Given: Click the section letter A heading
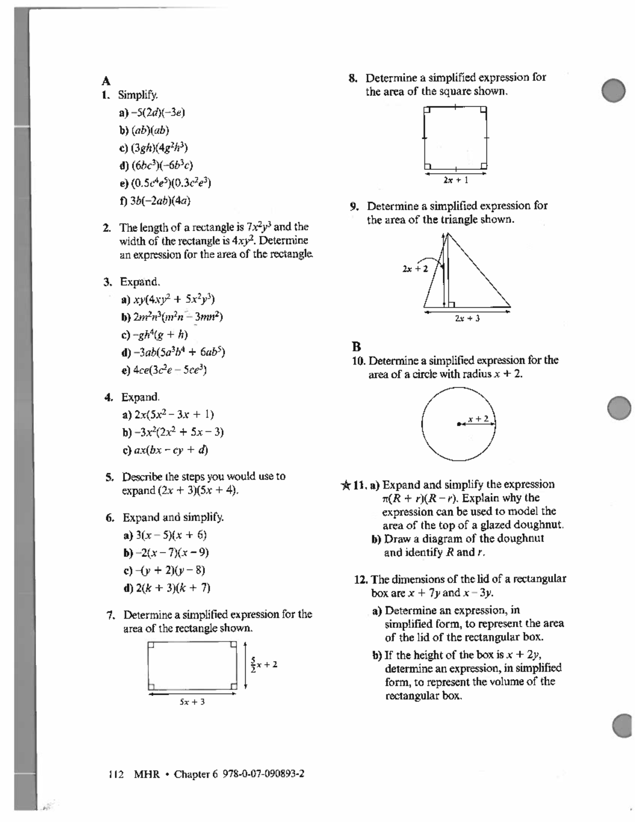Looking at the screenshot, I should (106, 81).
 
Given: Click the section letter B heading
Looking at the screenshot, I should (356, 347).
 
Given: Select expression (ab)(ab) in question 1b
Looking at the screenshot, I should (150, 130).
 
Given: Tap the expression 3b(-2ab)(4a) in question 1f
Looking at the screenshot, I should (160, 201).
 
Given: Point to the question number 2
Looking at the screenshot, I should (107, 228).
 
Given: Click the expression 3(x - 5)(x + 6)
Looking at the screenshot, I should (171, 535).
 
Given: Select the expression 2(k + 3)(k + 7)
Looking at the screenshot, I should (173, 588).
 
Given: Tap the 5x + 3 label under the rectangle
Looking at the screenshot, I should (192, 702).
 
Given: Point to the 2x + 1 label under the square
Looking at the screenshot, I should (456, 180).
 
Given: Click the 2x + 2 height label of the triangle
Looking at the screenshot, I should (415, 269).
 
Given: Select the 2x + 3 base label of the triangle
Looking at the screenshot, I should (467, 319).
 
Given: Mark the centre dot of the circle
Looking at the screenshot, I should (459, 423).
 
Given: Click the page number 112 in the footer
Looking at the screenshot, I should (115, 774).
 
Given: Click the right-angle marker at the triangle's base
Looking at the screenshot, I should (451, 304).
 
